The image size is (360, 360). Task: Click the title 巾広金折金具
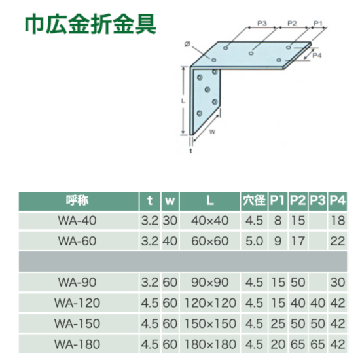tap(90, 24)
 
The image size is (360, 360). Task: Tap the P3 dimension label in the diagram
tap(262, 23)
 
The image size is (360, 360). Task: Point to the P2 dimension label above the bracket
tap(292, 23)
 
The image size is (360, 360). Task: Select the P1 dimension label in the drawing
tap(318, 23)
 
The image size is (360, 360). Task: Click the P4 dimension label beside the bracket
tap(317, 55)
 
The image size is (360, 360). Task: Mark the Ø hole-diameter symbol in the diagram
tap(187, 44)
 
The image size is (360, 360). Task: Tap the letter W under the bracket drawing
tap(212, 132)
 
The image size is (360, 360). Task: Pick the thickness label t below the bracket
tap(190, 151)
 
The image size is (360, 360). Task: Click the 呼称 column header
tap(77, 200)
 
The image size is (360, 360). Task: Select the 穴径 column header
tap(254, 200)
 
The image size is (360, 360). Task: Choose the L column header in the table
tap(210, 200)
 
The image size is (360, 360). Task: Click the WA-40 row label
tap(77, 221)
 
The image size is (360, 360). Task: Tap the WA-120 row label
tap(77, 303)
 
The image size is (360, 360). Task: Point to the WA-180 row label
tap(77, 344)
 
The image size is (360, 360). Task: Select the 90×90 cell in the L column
tap(210, 282)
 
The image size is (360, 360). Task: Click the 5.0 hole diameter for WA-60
tap(254, 241)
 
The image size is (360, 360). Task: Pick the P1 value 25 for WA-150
tap(278, 324)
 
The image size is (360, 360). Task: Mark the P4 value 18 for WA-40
tap(338, 221)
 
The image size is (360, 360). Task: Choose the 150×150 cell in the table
tap(210, 324)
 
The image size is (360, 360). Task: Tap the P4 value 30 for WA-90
tap(338, 282)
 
